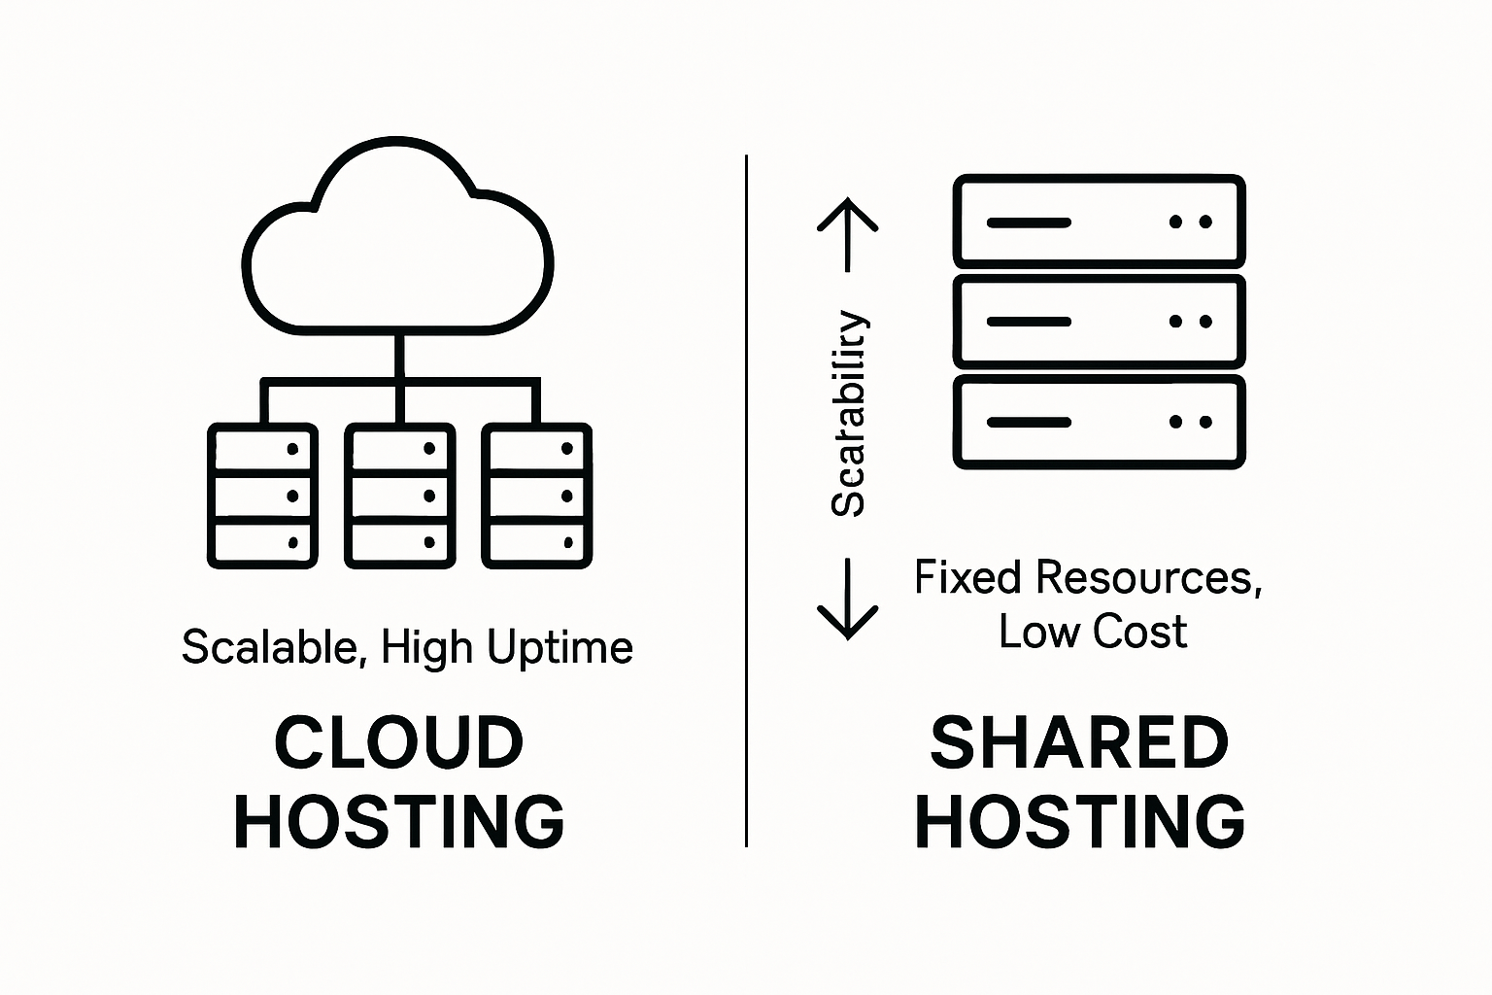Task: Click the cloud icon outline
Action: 397,238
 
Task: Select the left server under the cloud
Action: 262,496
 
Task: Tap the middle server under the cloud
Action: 399,496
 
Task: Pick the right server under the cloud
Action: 536,496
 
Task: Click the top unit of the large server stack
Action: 1099,222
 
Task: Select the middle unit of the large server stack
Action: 1099,322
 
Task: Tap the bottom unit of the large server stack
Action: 1099,422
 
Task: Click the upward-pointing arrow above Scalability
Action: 847,234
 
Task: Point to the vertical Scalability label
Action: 848,414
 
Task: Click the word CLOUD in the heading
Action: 399,742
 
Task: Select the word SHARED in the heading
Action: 1079,742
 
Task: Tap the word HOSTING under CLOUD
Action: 399,822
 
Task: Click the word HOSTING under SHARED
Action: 1079,822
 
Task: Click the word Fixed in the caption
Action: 967,578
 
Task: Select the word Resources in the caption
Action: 1147,578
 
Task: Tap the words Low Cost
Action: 1093,632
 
